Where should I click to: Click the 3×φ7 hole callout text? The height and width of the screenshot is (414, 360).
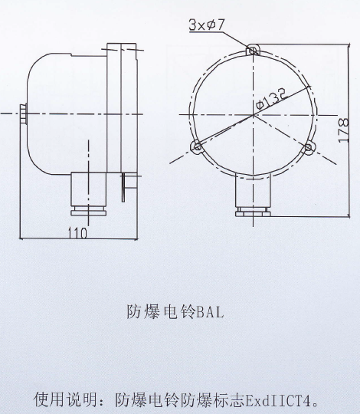pos(207,25)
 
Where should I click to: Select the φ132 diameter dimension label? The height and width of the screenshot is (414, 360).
pos(272,99)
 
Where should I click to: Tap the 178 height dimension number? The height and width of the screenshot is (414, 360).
pos(344,130)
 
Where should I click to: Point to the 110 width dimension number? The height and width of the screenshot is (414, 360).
pos(77,233)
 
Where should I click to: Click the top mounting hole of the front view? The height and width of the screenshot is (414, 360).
pos(253,50)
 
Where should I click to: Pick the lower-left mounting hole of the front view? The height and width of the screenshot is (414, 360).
pos(198,146)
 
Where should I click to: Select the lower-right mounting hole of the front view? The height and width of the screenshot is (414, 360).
pos(308,147)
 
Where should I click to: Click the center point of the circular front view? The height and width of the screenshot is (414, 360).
pos(253,114)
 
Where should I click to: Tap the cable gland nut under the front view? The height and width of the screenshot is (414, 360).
pos(253,212)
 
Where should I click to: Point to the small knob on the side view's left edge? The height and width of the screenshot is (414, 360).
pos(23,113)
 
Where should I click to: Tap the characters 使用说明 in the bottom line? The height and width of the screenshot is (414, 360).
pos(65,399)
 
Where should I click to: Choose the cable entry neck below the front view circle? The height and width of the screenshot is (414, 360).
pos(253,191)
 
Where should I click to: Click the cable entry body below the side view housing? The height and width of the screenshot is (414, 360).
pos(89,189)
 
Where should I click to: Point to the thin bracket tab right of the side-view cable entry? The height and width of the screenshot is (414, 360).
pos(123,188)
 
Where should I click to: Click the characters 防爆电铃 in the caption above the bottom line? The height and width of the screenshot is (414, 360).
pos(161,312)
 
